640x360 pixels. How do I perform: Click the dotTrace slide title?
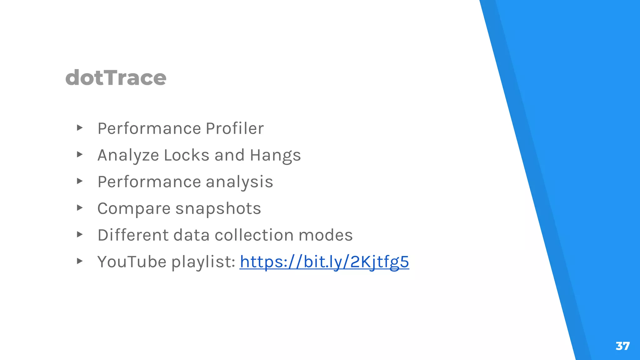coord(116,77)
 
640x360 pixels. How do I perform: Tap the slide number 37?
coord(622,346)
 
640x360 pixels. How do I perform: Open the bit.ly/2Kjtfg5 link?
coord(324,262)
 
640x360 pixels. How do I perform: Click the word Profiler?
coord(235,128)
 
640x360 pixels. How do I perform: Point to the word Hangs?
coord(275,155)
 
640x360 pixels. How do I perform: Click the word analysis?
coord(239,182)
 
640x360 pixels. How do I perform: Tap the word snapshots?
coord(218,209)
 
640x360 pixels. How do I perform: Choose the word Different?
coord(133,235)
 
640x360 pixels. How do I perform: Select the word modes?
coord(326,235)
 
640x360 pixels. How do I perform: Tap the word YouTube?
coord(132,262)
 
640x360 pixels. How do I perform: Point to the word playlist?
coord(203,262)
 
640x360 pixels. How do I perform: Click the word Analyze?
coord(128,155)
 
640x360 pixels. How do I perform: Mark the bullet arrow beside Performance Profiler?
coord(80,127)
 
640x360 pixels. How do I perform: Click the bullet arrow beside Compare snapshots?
coord(80,207)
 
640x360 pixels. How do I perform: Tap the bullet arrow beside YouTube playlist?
coord(80,261)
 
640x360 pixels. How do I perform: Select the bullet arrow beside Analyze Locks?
coord(80,154)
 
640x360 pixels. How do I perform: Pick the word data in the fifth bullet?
coord(191,235)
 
